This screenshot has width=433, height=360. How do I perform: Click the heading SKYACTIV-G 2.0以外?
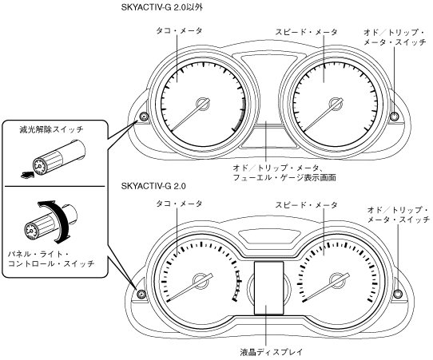(x=162, y=8)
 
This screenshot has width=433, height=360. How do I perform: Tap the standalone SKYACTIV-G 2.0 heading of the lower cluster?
(x=153, y=186)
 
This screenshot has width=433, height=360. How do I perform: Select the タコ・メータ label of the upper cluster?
(x=179, y=30)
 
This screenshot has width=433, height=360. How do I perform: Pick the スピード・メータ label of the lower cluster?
(x=307, y=205)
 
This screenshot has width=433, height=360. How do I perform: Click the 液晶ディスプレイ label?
(x=272, y=352)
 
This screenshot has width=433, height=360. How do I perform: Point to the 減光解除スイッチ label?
(x=51, y=129)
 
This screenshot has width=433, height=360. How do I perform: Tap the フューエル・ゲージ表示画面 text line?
(x=284, y=177)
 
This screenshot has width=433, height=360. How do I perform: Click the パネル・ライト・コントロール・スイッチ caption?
(x=51, y=259)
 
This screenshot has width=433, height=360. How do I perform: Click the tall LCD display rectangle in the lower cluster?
(x=269, y=287)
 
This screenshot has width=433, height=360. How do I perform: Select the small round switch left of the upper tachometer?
(x=144, y=117)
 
